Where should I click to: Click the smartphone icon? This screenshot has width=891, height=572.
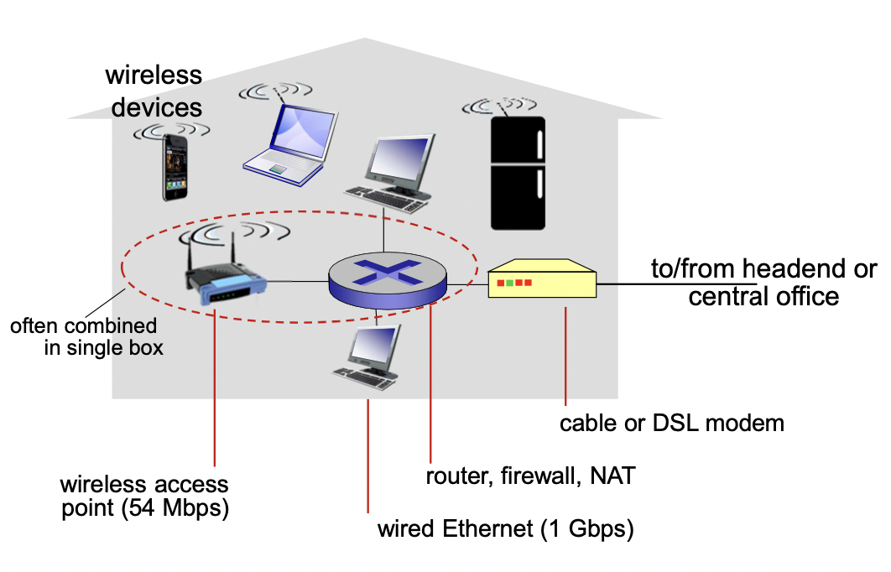click(175, 168)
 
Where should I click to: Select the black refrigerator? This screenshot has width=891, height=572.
click(518, 174)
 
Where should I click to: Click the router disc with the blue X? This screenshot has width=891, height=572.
click(388, 280)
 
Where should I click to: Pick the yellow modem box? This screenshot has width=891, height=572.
click(542, 278)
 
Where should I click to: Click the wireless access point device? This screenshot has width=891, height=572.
click(225, 273)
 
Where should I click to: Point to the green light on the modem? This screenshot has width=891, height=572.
click(510, 283)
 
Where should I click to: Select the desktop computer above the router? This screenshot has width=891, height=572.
click(391, 174)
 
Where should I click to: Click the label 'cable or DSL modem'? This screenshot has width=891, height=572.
click(672, 424)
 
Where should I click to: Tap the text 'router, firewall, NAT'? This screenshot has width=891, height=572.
click(530, 476)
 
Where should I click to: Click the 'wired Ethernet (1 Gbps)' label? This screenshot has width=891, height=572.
click(505, 529)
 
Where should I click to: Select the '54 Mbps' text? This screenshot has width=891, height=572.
click(175, 507)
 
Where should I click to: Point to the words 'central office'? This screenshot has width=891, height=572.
click(763, 297)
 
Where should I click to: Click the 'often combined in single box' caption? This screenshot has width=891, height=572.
click(86, 337)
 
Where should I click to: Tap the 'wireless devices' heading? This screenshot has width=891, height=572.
click(154, 91)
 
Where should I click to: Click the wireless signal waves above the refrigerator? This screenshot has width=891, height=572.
click(499, 106)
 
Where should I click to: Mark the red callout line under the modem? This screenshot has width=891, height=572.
click(565, 356)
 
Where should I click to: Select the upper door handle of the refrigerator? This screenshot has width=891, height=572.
click(539, 145)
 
